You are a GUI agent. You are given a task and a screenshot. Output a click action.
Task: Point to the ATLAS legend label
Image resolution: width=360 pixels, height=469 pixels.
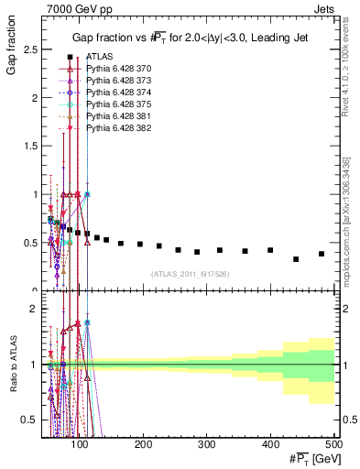99,57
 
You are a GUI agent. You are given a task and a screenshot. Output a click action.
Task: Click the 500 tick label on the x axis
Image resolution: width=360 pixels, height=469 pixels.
333,444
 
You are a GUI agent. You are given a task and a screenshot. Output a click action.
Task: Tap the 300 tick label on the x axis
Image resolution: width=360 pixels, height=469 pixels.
207,444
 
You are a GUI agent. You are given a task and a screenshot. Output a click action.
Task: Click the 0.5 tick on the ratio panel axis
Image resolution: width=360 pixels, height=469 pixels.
33,420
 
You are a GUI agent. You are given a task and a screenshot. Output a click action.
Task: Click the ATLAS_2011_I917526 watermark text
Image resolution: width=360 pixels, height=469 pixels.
191,274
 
